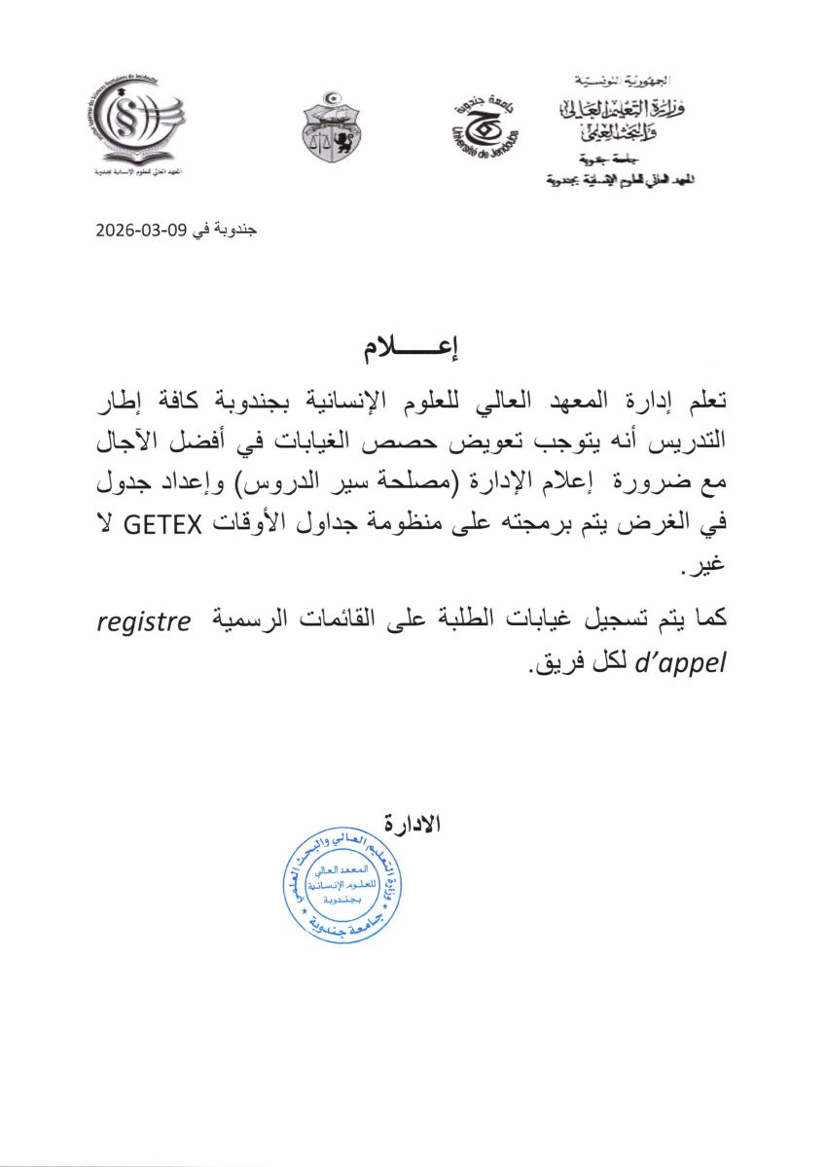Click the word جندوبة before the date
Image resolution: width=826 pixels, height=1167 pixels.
pos(234,230)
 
